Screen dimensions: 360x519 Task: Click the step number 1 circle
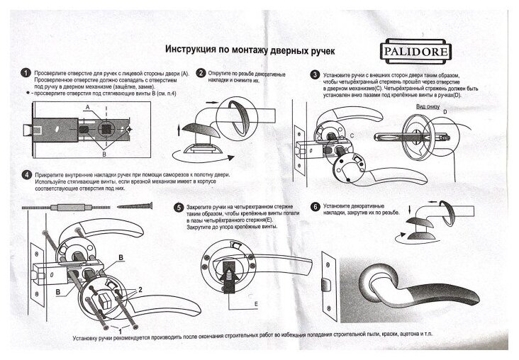pyautogui.click(x=26, y=74)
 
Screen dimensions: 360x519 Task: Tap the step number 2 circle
pyautogui.click(x=201, y=73)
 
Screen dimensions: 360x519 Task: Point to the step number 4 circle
pyautogui.click(x=26, y=174)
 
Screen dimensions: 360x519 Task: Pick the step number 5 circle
pyautogui.click(x=179, y=208)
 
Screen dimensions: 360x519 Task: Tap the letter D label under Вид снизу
pyautogui.click(x=445, y=113)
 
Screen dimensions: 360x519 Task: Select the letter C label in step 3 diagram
pyautogui.click(x=352, y=135)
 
